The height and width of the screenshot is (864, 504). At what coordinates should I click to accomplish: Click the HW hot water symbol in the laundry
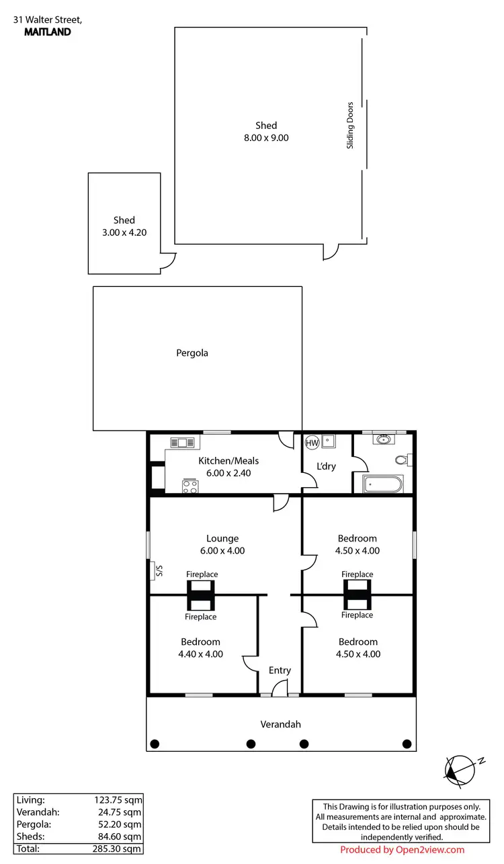[x=312, y=443]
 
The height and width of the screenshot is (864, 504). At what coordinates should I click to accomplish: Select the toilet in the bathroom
[x=403, y=460]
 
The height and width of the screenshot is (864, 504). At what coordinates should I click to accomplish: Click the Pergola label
[x=192, y=353]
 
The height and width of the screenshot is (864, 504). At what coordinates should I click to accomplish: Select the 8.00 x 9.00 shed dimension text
[x=266, y=138]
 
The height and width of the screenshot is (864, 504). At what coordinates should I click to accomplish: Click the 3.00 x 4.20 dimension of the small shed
[x=124, y=232]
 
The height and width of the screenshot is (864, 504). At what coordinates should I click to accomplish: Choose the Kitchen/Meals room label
[x=228, y=461]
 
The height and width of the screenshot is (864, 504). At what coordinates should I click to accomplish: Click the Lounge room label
[x=222, y=538]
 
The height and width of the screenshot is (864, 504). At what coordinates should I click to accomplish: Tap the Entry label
[x=280, y=671]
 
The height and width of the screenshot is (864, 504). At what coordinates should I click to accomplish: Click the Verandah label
[x=281, y=724]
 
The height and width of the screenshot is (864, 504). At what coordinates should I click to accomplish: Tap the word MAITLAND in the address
[x=47, y=32]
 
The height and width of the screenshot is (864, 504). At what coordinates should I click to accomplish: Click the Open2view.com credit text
[x=431, y=850]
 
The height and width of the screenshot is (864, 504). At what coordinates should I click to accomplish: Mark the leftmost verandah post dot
[x=155, y=743]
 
